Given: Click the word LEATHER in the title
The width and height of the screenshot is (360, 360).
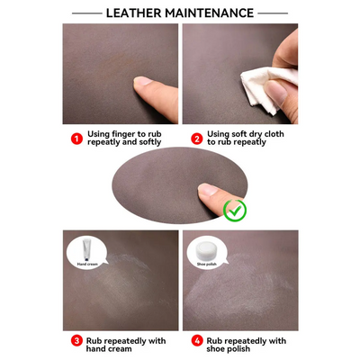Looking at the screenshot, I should tap(134, 13).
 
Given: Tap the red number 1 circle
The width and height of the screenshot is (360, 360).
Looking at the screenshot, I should tap(76, 139).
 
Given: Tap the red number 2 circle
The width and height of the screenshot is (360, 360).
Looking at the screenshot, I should tap(195, 139).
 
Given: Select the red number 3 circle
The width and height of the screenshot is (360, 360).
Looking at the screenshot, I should tap(76, 341).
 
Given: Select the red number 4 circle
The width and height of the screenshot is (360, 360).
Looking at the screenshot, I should tap(195, 341).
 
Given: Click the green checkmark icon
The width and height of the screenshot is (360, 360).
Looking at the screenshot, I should tap(235, 211).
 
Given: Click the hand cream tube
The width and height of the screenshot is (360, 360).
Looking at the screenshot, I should tap(86, 252).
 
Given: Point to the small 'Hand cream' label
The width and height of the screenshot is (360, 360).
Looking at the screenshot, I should tap(86, 265).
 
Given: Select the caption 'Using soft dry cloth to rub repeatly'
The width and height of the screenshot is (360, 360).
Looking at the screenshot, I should tap(244, 139).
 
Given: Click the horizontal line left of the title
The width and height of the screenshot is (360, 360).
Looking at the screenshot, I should tap(85, 13).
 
